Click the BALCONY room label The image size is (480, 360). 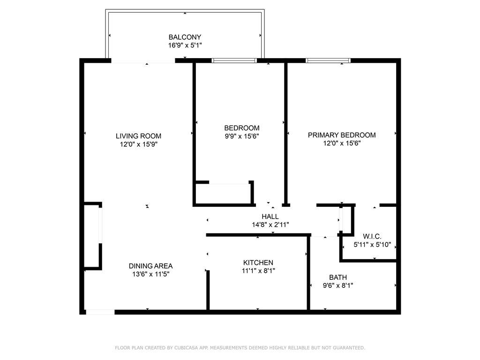(x=185, y=37)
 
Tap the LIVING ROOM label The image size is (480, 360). (x=138, y=136)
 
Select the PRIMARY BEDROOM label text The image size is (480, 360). (x=342, y=135)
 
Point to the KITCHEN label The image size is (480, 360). (x=258, y=262)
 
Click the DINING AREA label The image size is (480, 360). (x=150, y=266)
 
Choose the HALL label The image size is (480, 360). (x=270, y=217)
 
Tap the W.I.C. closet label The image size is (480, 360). (x=372, y=236)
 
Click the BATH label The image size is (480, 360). (x=338, y=277)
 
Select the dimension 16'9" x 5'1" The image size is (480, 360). (x=185, y=45)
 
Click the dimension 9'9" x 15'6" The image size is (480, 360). (x=242, y=136)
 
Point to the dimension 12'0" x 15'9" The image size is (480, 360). (x=139, y=144)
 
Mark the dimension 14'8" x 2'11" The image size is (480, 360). (x=270, y=225)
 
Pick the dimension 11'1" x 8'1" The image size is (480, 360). (x=258, y=270)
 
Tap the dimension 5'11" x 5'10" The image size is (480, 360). (x=372, y=245)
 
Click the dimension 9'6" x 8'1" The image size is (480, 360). (x=338, y=285)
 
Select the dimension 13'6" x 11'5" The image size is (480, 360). (x=150, y=274)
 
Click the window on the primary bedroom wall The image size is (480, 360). (x=328, y=60)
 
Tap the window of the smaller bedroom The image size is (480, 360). (x=234, y=60)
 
